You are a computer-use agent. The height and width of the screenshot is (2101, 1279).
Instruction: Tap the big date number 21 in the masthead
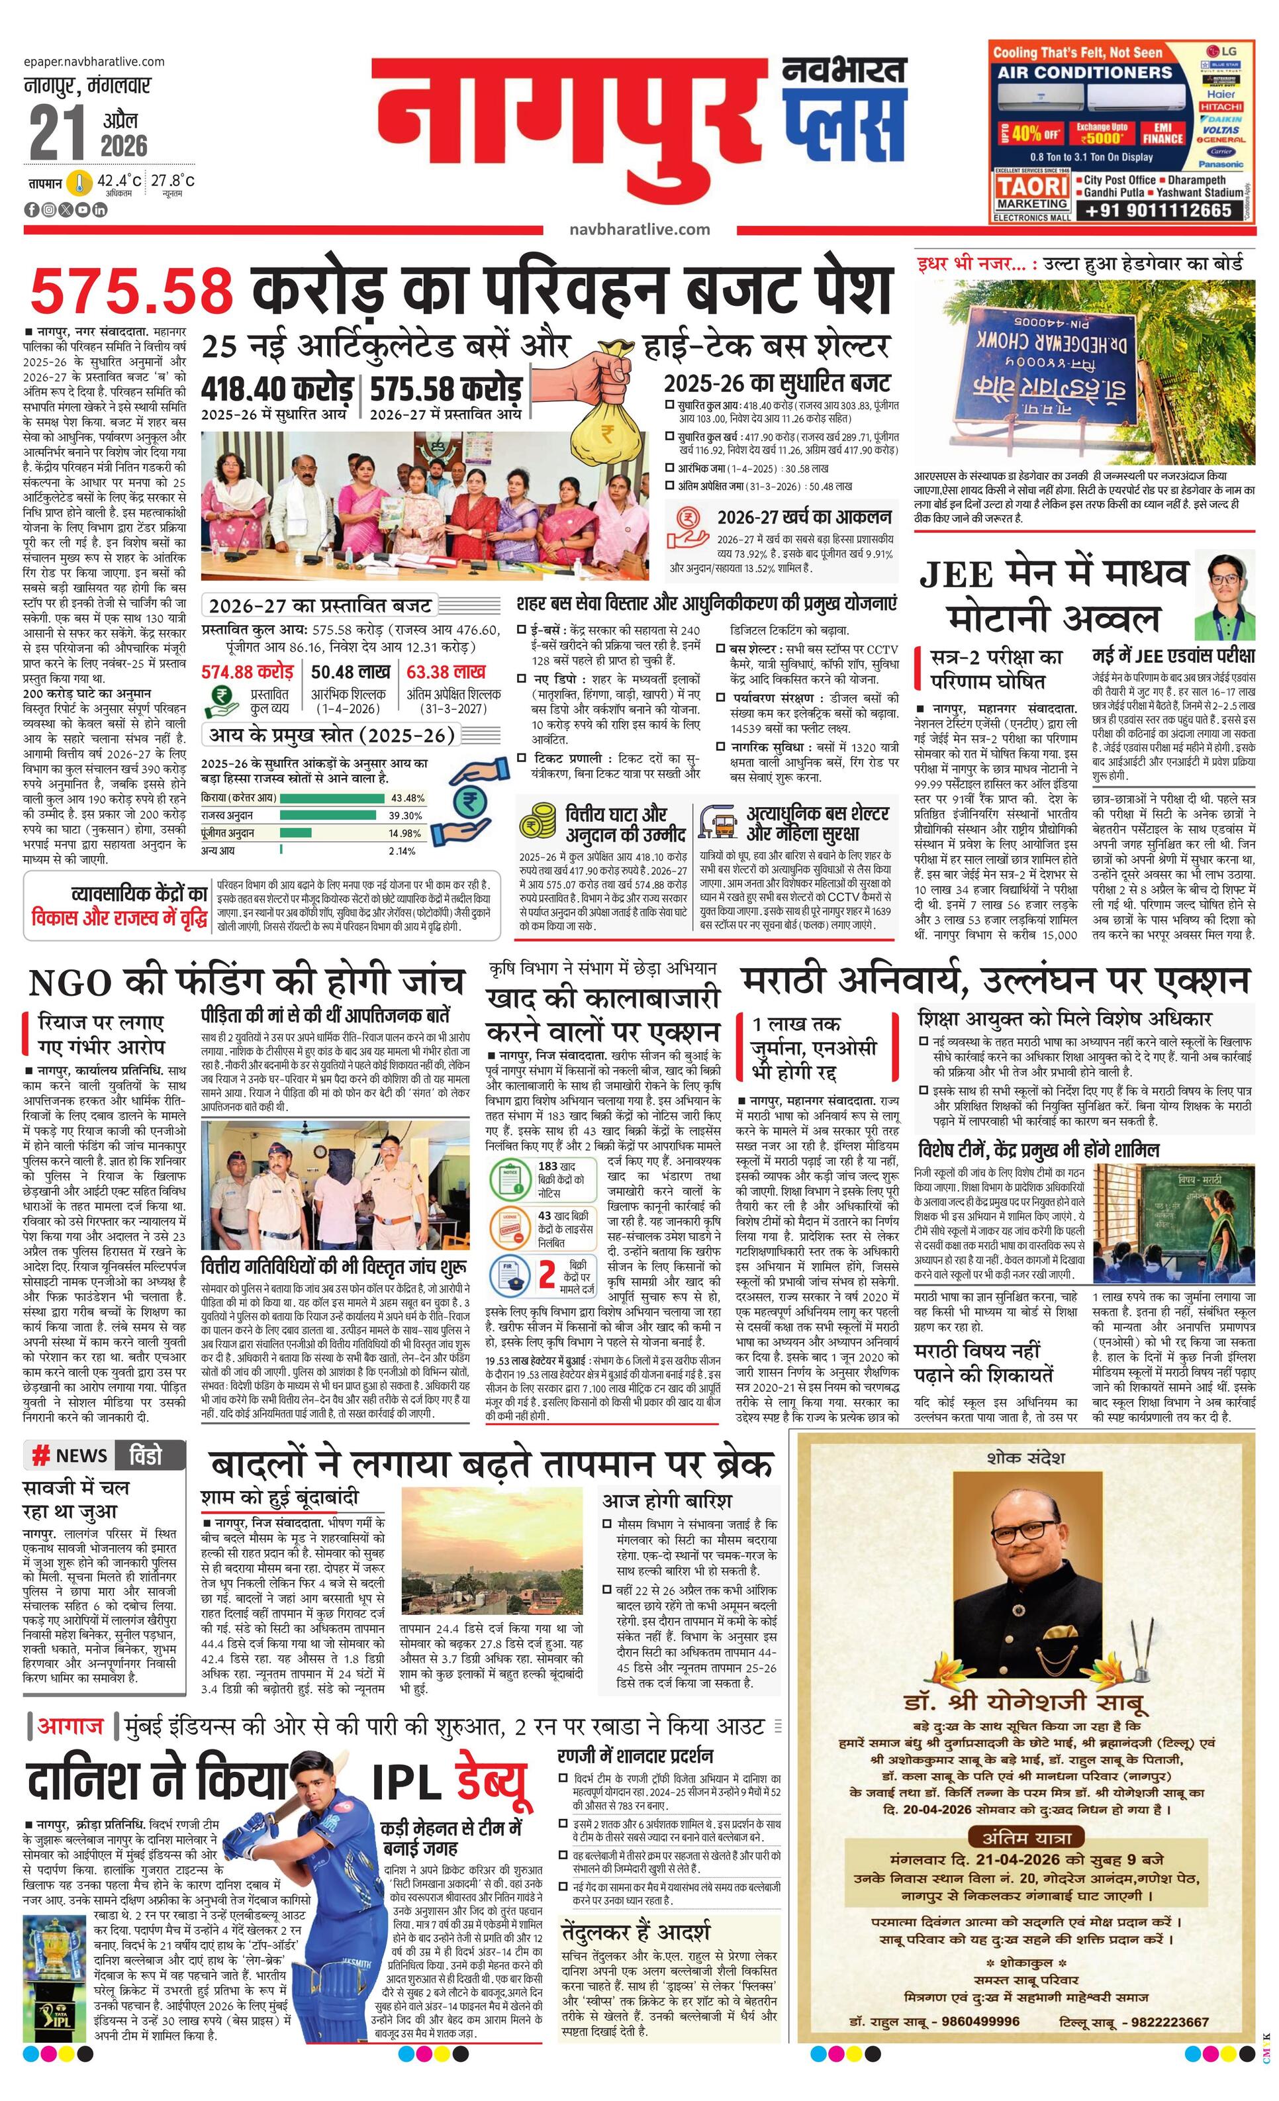(57, 134)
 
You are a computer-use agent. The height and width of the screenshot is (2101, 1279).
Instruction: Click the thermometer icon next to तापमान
(80, 183)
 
